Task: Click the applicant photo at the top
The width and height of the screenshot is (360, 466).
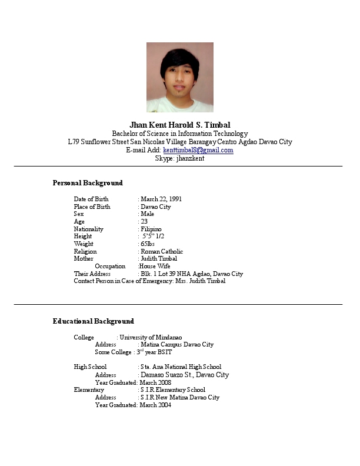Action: [179, 77]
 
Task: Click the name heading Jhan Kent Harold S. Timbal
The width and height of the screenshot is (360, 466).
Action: [179, 125]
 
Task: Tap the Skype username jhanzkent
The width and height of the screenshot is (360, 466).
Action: [190, 158]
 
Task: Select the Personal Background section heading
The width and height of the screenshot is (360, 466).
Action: [88, 183]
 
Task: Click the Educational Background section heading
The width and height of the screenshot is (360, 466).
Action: [93, 321]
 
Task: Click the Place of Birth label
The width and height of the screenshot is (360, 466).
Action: [92, 207]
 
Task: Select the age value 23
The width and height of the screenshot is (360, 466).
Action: [144, 221]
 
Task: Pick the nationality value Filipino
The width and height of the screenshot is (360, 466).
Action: [151, 229]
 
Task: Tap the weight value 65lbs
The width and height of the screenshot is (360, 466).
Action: [148, 244]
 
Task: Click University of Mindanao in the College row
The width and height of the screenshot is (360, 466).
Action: [151, 337]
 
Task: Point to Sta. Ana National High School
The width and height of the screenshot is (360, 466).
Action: [181, 367]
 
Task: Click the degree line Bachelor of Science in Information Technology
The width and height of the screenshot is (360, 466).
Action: [180, 134]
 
